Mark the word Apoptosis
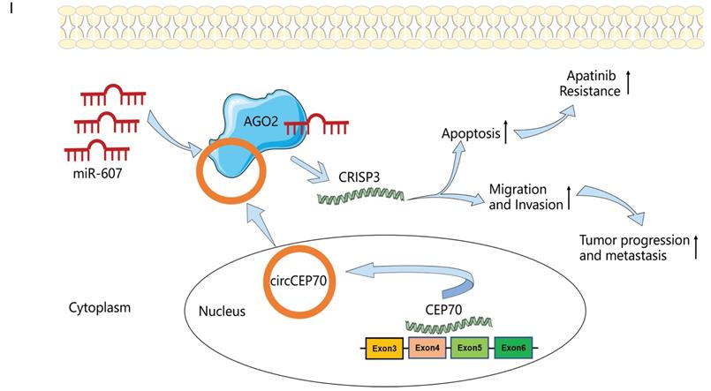470,135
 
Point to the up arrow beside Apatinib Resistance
653,83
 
